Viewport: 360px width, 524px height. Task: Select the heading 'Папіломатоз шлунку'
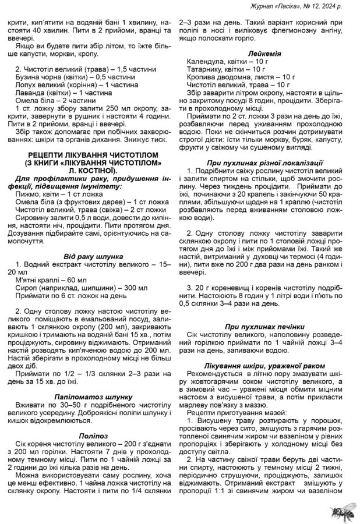pyautogui.click(x=93, y=396)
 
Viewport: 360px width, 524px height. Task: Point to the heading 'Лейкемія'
pyautogui.click(x=265, y=53)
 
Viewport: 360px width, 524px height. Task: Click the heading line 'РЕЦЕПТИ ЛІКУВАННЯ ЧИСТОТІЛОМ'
pyautogui.click(x=93, y=154)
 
